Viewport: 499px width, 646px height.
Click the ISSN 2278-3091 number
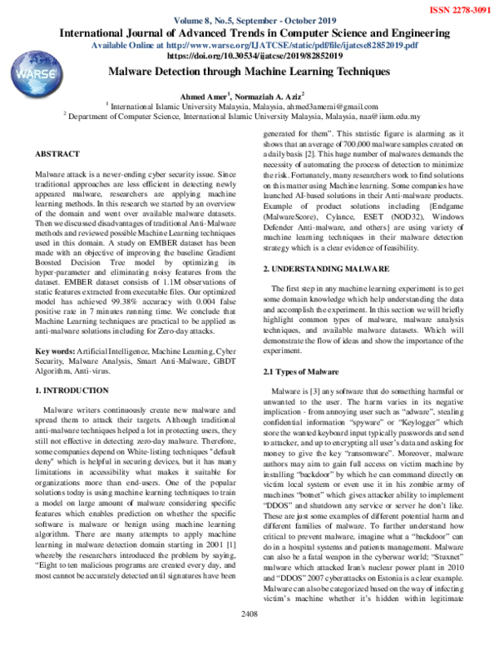click(457, 8)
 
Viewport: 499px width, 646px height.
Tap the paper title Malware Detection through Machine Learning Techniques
click(249, 73)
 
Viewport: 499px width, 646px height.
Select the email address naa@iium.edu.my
click(391, 117)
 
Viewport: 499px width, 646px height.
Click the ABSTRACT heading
click(59, 155)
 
